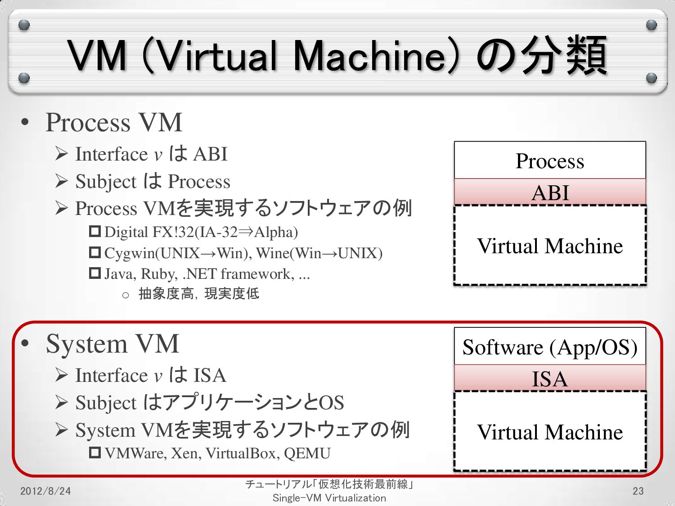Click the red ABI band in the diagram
tap(550, 192)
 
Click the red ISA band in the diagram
tap(550, 378)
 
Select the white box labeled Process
tap(550, 161)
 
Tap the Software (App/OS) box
tap(550, 347)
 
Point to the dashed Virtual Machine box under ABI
tap(550, 246)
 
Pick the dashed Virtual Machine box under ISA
tap(550, 432)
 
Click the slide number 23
tap(638, 491)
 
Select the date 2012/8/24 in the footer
tap(45, 491)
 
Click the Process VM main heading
tap(114, 122)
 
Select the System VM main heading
tap(112, 344)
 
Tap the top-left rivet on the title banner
tap(24, 25)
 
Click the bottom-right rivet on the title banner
tap(651, 78)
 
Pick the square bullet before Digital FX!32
tap(94, 232)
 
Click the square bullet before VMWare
tap(94, 452)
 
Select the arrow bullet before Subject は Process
tap(62, 181)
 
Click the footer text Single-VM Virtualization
tap(329, 498)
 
